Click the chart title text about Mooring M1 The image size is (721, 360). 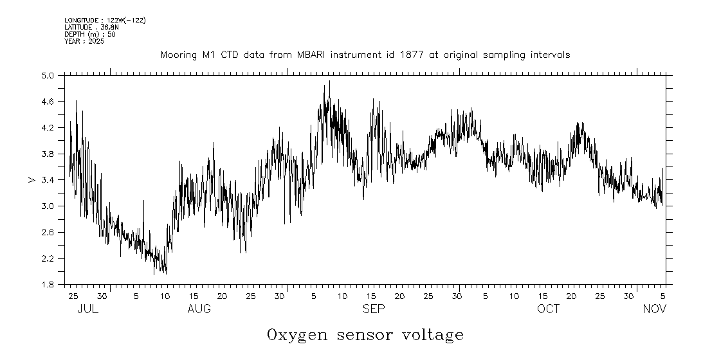[x=365, y=55]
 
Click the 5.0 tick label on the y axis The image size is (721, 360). [x=48, y=76]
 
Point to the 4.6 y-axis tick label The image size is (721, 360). [x=48, y=102]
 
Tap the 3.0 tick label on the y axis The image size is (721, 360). [x=48, y=206]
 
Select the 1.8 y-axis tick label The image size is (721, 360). [x=48, y=285]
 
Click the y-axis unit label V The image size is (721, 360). [x=32, y=180]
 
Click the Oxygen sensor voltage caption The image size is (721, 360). [x=365, y=335]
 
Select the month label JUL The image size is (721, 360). [x=87, y=309]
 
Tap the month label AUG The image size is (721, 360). [x=199, y=309]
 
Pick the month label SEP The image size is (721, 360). [x=374, y=309]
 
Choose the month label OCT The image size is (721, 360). [x=549, y=309]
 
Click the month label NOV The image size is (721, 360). [x=655, y=309]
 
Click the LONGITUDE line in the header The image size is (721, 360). [x=105, y=21]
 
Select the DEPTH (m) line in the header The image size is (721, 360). [x=90, y=35]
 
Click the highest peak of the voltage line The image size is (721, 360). [x=329, y=82]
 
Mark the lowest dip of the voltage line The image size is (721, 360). [x=154, y=274]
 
